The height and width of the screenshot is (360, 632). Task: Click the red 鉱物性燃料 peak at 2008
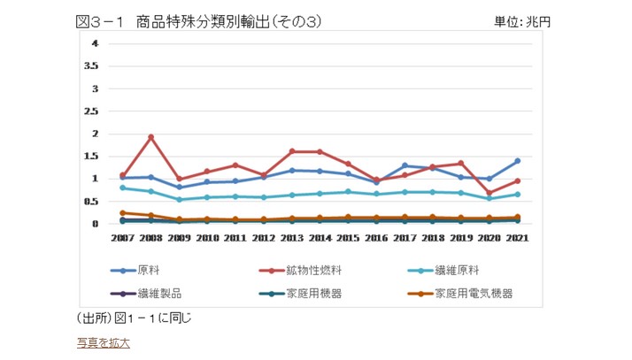click(151, 137)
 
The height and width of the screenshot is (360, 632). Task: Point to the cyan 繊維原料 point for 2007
click(123, 188)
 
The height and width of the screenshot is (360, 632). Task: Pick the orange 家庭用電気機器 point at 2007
click(123, 213)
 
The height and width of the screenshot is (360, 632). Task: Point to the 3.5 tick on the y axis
click(90, 66)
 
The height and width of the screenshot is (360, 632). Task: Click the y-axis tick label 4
click(95, 43)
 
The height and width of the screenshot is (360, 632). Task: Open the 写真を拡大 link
click(103, 342)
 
